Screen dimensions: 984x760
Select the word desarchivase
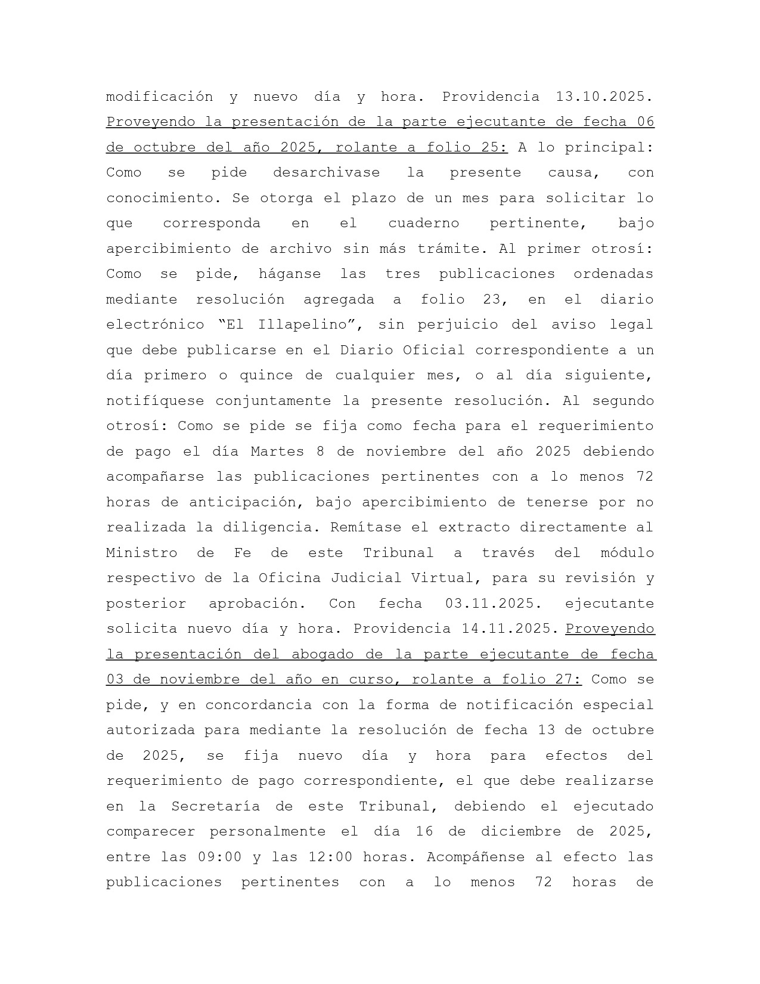coord(326,173)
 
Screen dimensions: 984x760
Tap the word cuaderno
coord(423,224)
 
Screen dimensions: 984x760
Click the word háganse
coord(290,274)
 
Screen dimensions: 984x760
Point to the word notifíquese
coord(155,401)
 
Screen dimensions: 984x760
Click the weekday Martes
coord(277,451)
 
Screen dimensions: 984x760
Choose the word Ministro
coord(141,553)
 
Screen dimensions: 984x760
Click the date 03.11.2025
coord(493,604)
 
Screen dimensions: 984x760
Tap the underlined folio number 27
coord(568,680)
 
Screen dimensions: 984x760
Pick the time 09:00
coord(219,857)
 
